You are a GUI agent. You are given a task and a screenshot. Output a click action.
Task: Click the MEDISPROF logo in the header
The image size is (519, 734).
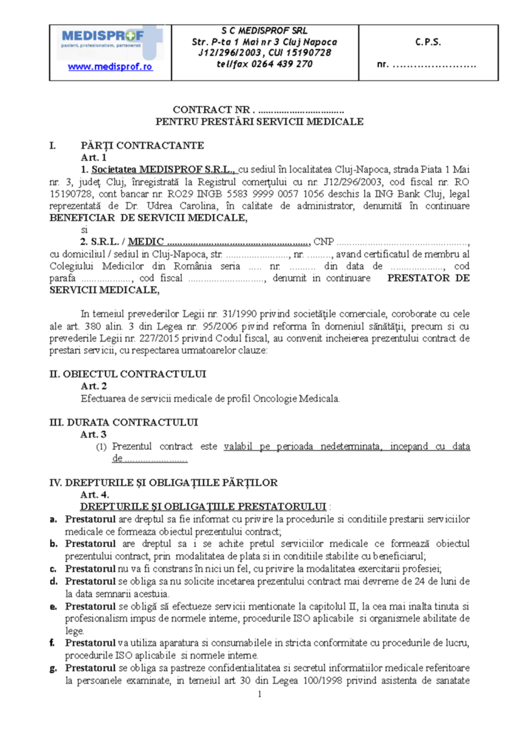click(x=111, y=38)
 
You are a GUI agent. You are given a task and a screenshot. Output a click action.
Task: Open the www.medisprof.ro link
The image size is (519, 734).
click(x=111, y=67)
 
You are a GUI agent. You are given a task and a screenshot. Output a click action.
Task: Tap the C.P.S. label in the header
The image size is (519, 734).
click(x=428, y=42)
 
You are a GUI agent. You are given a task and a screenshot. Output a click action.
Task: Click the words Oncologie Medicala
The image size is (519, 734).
click(x=301, y=398)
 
